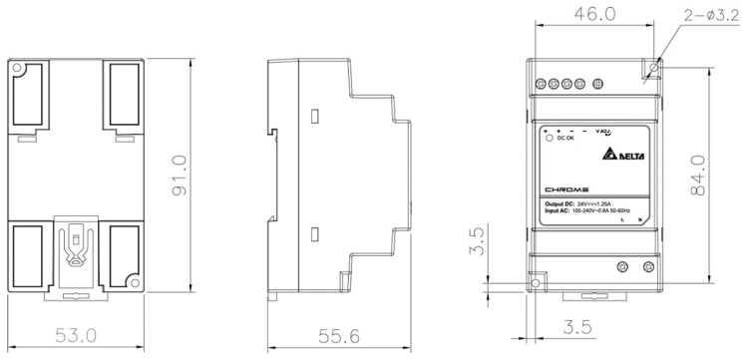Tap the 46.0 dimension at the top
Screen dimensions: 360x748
coord(593,15)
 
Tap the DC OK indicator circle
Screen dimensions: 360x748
coord(549,139)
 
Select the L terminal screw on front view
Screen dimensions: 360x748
coord(623,266)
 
